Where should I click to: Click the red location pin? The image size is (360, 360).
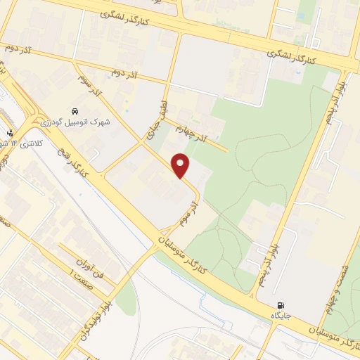181,165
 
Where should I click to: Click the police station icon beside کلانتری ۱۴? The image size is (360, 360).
9,133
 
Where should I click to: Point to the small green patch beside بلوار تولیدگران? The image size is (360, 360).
125,299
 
